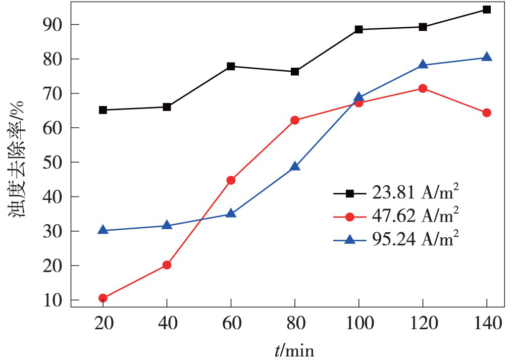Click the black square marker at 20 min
point(103,110)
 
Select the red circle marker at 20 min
point(103,298)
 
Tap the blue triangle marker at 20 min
point(103,230)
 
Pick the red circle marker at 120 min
point(423,88)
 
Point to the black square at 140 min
point(487,10)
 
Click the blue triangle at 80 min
point(295,167)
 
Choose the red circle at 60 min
point(231,180)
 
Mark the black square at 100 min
point(359,29)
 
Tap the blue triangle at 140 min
point(487,57)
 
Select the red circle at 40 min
point(167,265)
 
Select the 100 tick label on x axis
point(359,323)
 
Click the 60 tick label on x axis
point(231,323)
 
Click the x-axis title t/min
point(294,349)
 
